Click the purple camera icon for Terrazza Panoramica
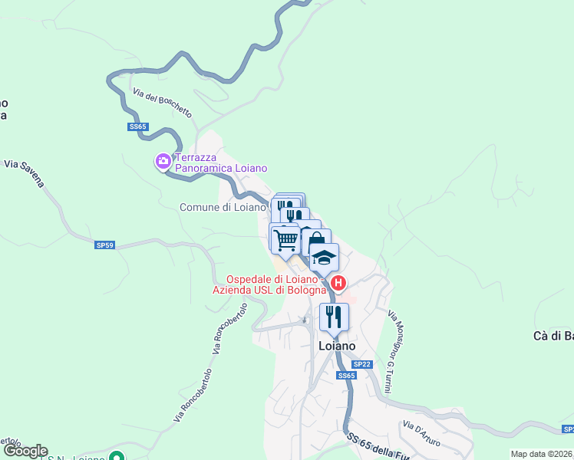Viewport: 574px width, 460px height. [x=163, y=161]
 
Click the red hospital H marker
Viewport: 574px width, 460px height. [x=338, y=282]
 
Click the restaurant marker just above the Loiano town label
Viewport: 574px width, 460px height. [x=334, y=316]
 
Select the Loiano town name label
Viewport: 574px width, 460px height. [x=337, y=346]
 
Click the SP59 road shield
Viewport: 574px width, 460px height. [x=105, y=245]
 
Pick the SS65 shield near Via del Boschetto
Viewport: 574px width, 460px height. [x=137, y=127]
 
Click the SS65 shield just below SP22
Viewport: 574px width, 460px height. [x=347, y=376]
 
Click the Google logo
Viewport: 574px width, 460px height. [x=25, y=451]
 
